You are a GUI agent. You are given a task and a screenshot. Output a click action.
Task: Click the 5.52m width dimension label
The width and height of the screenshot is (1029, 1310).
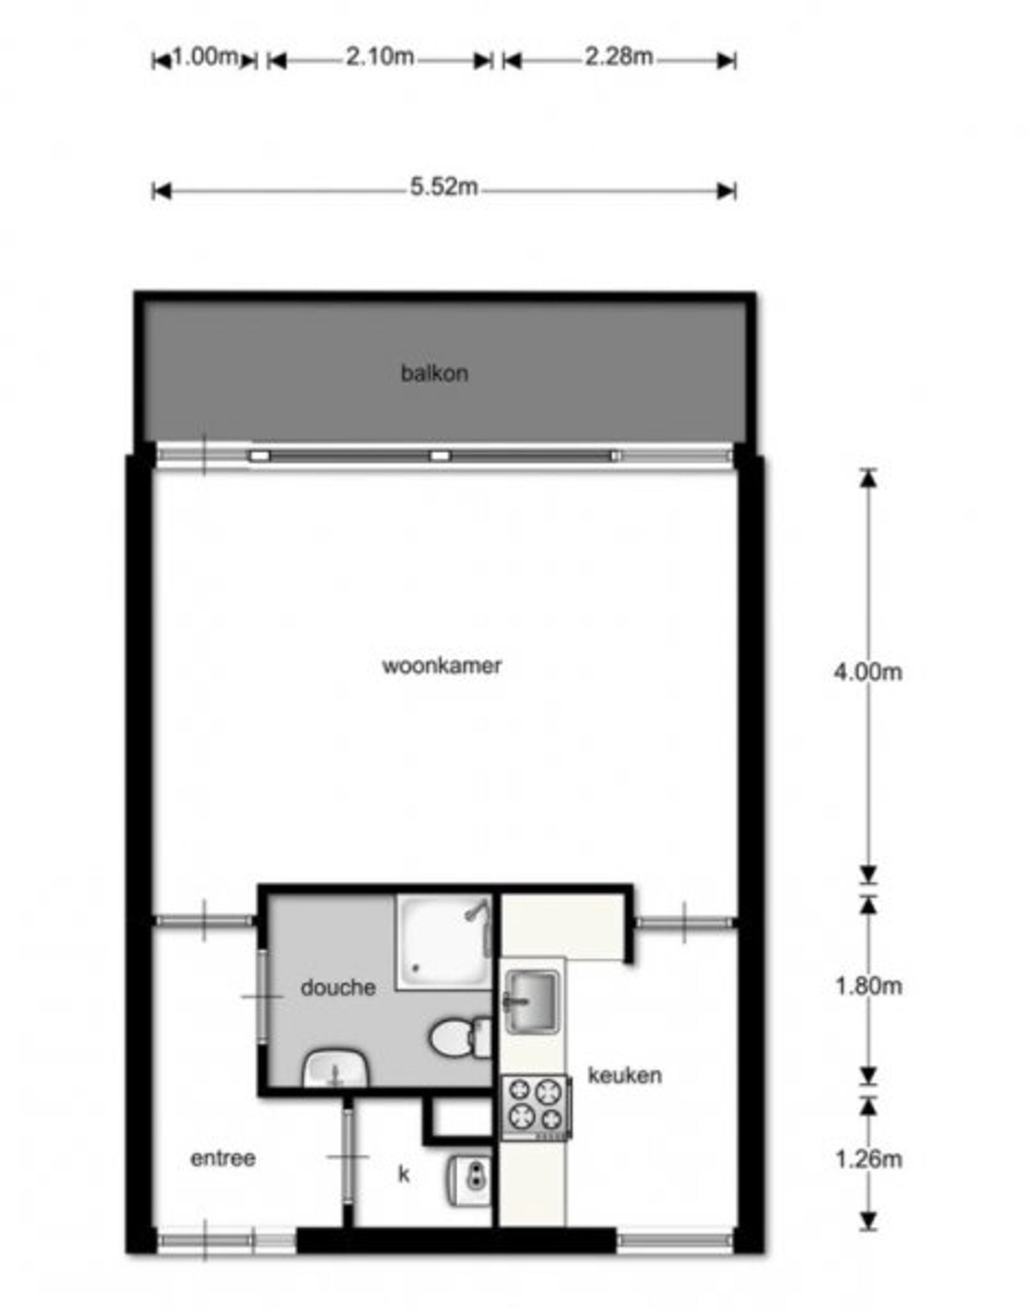[x=443, y=187]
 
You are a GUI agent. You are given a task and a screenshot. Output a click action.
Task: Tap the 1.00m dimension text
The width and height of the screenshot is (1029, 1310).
[x=205, y=57]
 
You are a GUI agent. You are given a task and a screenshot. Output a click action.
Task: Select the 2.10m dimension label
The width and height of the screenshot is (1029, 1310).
[x=380, y=57]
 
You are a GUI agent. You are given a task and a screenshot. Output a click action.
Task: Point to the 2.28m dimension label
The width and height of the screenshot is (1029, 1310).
[x=619, y=57]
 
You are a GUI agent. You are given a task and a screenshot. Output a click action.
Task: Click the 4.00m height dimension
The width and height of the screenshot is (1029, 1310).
[x=868, y=672]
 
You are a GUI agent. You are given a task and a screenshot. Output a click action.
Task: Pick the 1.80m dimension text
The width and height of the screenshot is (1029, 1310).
[x=868, y=986]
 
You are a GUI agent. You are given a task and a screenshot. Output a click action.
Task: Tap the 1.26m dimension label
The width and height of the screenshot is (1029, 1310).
[x=868, y=1158]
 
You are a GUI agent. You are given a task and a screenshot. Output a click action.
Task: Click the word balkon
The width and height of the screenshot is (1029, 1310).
[x=434, y=373]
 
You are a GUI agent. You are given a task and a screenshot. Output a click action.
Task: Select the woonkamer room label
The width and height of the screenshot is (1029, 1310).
[x=442, y=666]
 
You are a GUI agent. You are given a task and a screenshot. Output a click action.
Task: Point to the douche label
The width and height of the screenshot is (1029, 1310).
[x=338, y=987]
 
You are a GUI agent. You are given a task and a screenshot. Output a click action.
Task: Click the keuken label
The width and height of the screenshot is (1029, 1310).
[x=625, y=1075]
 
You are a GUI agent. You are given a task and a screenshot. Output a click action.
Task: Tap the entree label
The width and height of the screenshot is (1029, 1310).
[x=223, y=1158]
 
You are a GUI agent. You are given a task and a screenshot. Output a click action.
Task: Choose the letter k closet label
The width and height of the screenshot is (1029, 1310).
[x=404, y=1174]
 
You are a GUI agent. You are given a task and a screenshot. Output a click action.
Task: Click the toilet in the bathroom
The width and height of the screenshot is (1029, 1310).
[x=460, y=1038]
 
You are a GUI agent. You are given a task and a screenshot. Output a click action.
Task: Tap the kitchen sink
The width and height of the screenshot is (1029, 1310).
[x=530, y=1001]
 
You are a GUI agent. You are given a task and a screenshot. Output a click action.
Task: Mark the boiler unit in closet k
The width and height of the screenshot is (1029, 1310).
[x=469, y=1180]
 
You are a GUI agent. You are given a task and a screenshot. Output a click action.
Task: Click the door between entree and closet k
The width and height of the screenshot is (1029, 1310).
[x=347, y=1156]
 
